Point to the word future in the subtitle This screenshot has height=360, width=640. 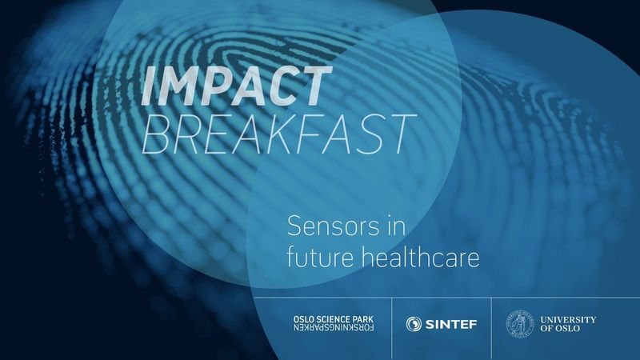click(315, 259)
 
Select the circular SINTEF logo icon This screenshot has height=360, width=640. click(414, 324)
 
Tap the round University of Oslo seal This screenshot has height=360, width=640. click(520, 323)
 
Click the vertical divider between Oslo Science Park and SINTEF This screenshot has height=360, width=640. click(392, 324)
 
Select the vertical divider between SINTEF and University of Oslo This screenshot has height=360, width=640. click(489, 324)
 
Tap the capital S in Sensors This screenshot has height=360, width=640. click(294, 227)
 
